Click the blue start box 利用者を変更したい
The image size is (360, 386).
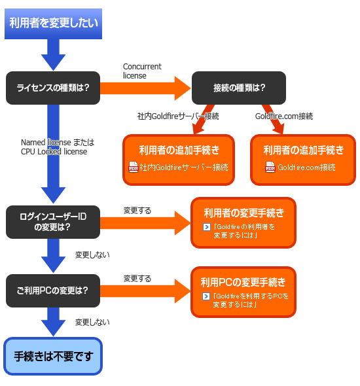[53, 24]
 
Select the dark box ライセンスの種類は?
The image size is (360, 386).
[53, 88]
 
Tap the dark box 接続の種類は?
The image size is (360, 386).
[239, 88]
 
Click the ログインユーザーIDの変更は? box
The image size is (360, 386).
[53, 222]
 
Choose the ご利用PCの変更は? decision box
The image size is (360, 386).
[53, 290]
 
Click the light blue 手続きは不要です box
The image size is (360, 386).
[53, 356]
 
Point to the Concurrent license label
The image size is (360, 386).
[142, 71]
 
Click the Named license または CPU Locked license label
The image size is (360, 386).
[58, 147]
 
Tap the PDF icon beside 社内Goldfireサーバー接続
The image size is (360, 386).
[134, 167]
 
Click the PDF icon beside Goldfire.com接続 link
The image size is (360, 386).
[270, 167]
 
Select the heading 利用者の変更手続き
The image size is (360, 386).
[244, 213]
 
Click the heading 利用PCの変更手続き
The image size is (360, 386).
[243, 282]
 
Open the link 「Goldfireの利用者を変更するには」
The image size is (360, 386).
[243, 231]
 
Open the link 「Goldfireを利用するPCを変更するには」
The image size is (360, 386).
[251, 300]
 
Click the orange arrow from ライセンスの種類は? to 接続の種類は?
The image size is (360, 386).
[145, 88]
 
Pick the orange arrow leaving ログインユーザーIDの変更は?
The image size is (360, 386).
[145, 223]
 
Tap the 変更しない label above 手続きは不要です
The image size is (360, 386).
[92, 323]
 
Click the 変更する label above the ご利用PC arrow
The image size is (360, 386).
[137, 279]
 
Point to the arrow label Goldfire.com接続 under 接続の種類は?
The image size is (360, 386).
[284, 116]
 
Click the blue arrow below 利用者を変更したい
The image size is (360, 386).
[53, 55]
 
